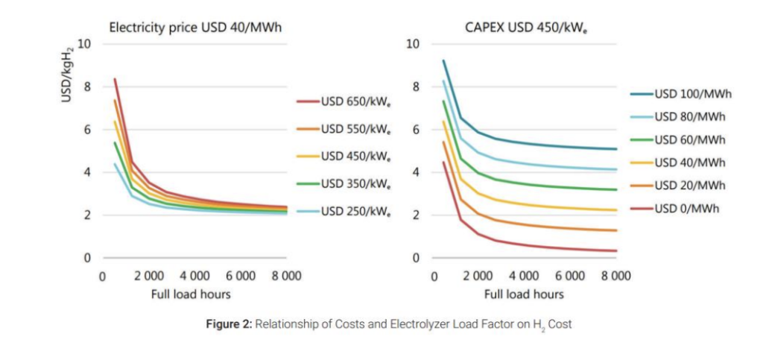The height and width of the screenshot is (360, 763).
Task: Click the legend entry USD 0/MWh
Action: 687,208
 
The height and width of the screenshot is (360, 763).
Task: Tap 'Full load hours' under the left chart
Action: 191,294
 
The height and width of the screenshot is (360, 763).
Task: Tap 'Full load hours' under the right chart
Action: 524,294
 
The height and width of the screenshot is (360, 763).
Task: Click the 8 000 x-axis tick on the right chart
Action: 615,276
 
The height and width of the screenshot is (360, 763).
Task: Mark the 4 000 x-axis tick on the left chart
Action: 195,276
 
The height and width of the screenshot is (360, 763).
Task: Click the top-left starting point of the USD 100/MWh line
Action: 443,61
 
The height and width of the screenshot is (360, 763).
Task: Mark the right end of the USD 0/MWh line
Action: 616,251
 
